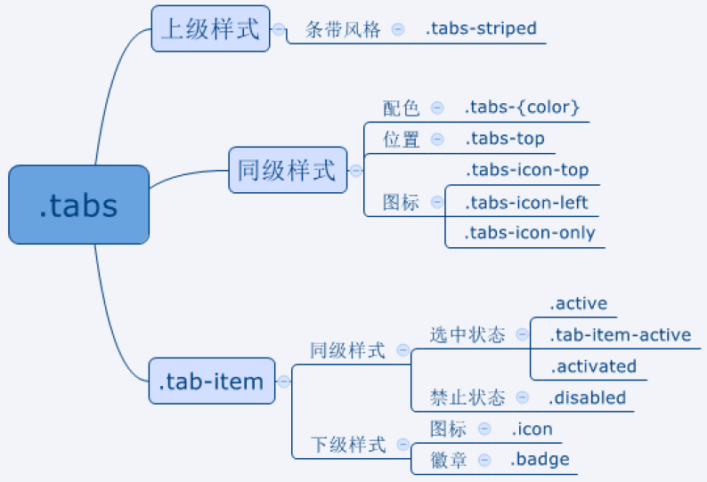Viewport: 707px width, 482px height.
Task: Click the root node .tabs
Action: (79, 205)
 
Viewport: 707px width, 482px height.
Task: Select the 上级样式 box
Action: (210, 28)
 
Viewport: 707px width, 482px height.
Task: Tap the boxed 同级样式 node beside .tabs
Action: (288, 170)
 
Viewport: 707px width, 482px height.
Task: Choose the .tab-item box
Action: (212, 382)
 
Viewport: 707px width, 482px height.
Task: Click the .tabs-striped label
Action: (481, 28)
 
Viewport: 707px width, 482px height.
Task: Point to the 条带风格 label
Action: (343, 29)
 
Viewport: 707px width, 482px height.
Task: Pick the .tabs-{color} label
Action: (522, 108)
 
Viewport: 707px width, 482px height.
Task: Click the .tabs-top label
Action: (505, 139)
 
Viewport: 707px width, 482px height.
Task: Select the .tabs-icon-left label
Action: (526, 203)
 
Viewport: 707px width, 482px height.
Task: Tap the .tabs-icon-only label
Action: (531, 232)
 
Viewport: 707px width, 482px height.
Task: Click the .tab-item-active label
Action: (621, 334)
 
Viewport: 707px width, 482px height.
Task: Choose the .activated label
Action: (593, 366)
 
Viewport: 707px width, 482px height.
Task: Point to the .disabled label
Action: (588, 398)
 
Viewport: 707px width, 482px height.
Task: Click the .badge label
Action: (540, 460)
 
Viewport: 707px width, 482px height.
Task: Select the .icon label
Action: (532, 429)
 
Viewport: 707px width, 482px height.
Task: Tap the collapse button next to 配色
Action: (437, 108)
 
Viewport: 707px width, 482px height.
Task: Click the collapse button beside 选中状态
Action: (522, 334)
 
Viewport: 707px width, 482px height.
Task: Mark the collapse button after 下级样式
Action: (403, 445)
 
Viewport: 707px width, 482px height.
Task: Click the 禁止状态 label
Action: (467, 398)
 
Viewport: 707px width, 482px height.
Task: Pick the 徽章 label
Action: (448, 461)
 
